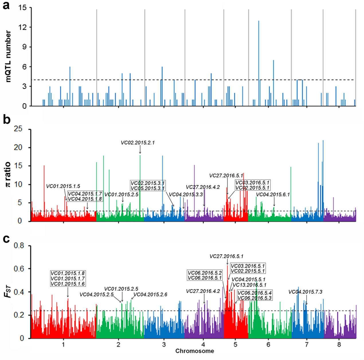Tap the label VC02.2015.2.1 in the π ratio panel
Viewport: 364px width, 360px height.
(x=138, y=143)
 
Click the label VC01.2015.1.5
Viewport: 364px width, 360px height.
(x=63, y=186)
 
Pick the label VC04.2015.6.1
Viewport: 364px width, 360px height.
(x=273, y=195)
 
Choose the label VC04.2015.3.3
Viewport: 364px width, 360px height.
(x=186, y=195)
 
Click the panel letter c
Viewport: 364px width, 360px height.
(x=6, y=238)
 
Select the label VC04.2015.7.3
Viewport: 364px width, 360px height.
(x=305, y=292)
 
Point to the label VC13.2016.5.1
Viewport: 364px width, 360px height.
(x=249, y=285)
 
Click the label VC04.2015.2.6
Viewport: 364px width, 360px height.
(x=150, y=294)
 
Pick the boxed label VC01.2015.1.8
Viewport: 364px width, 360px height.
(x=68, y=273)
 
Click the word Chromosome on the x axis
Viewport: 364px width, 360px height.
(x=195, y=351)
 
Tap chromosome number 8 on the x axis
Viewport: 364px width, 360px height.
(x=339, y=345)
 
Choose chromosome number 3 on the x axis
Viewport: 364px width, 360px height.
(x=164, y=345)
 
